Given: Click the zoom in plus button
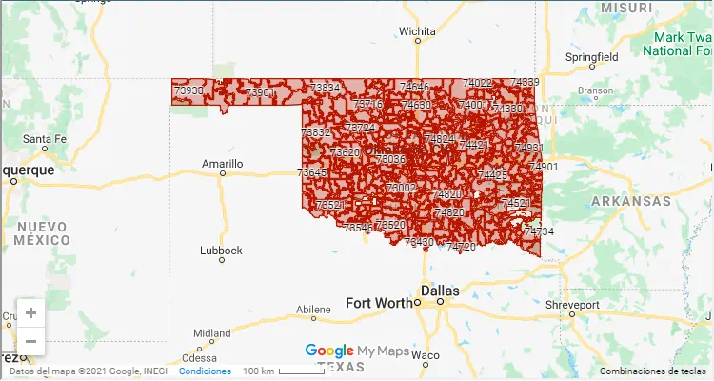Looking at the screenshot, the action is (31, 312).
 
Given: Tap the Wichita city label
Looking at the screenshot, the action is (417, 30).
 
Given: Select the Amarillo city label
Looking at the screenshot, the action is (223, 164).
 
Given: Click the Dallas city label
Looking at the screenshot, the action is (441, 291).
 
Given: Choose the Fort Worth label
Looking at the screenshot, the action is (380, 303).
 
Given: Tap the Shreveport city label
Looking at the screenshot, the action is (572, 305).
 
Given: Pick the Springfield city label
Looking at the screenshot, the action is (592, 57).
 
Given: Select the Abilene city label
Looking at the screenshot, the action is (313, 310).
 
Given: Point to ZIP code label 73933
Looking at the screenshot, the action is (188, 91).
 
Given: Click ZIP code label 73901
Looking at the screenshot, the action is (259, 92).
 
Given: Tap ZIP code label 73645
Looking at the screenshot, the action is (311, 172).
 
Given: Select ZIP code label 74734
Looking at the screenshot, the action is (539, 231).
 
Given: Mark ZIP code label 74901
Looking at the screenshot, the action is (544, 167).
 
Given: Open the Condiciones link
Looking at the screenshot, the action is (205, 371).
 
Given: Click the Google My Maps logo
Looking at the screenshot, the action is (357, 351).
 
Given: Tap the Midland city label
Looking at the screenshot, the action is (211, 333).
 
